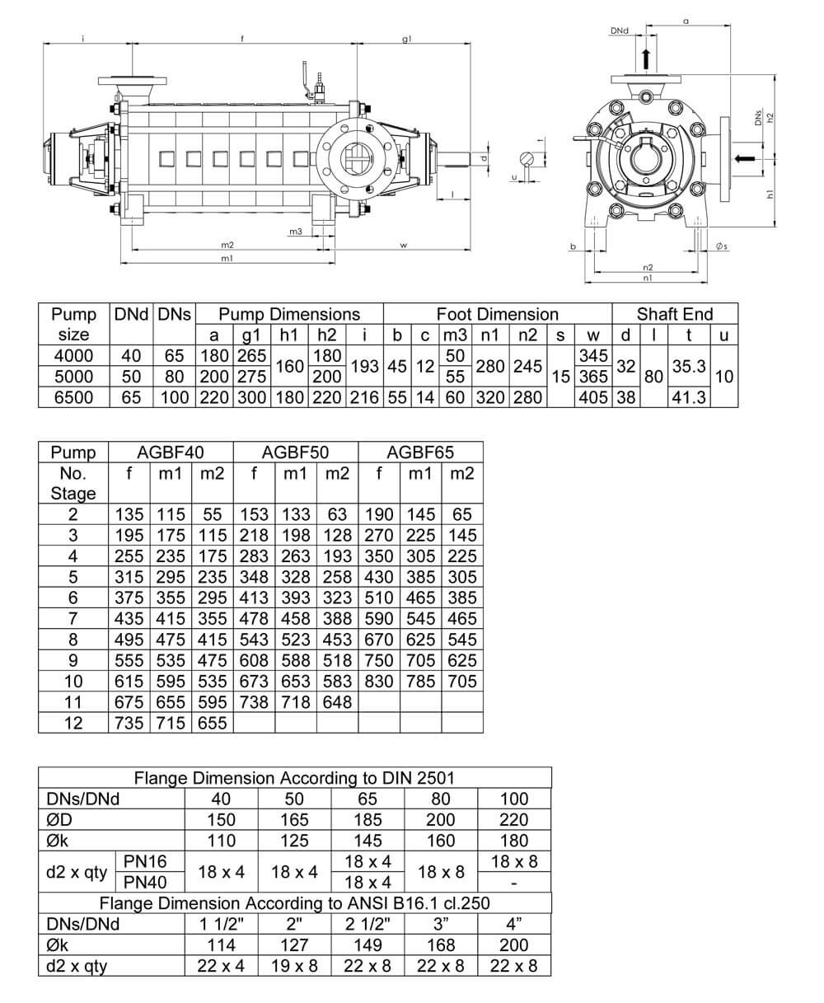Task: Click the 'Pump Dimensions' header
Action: [x=289, y=314]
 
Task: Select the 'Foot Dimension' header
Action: [x=497, y=314]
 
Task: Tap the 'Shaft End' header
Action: [x=675, y=314]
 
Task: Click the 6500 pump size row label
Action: [x=73, y=397]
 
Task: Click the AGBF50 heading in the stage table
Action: [x=295, y=452]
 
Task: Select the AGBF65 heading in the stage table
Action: [x=420, y=452]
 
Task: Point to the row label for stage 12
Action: [x=73, y=723]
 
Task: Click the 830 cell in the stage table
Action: [x=379, y=681]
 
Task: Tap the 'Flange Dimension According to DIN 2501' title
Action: [x=294, y=778]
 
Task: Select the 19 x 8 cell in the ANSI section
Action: [x=294, y=966]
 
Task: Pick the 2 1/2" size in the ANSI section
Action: [x=368, y=924]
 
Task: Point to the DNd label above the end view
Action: [x=620, y=30]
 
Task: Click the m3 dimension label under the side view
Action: [x=295, y=232]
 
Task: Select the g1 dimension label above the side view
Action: [x=407, y=39]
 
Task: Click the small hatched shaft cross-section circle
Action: [x=528, y=159]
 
